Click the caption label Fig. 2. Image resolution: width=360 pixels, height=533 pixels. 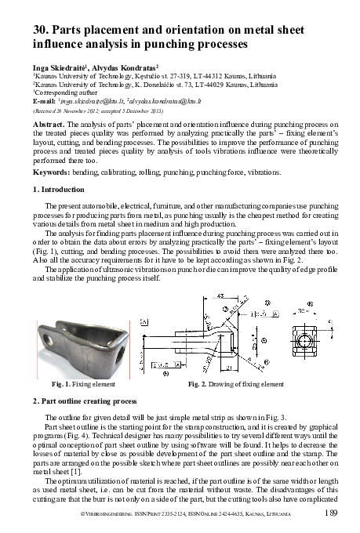(200, 385)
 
